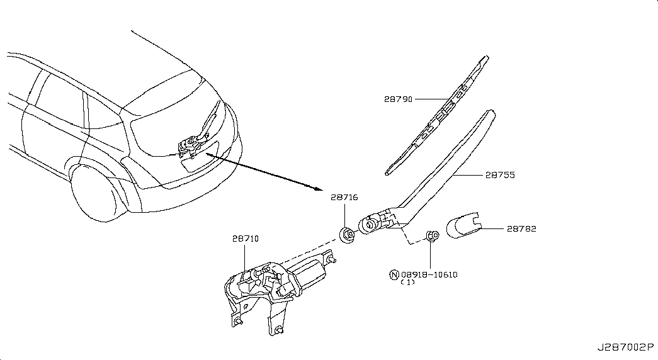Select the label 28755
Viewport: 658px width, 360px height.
pos(500,175)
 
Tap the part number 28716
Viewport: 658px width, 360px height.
pos(344,197)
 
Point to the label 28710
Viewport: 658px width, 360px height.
pos(245,239)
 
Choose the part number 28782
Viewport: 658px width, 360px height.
pos(521,229)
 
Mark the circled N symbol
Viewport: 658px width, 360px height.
pos(394,274)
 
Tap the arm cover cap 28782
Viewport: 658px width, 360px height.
pos(463,226)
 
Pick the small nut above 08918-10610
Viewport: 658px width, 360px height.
pos(431,237)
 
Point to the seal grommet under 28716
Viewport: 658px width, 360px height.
pos(346,235)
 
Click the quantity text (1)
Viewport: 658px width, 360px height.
pos(407,283)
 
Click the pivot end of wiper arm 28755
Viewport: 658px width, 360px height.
pos(370,223)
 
